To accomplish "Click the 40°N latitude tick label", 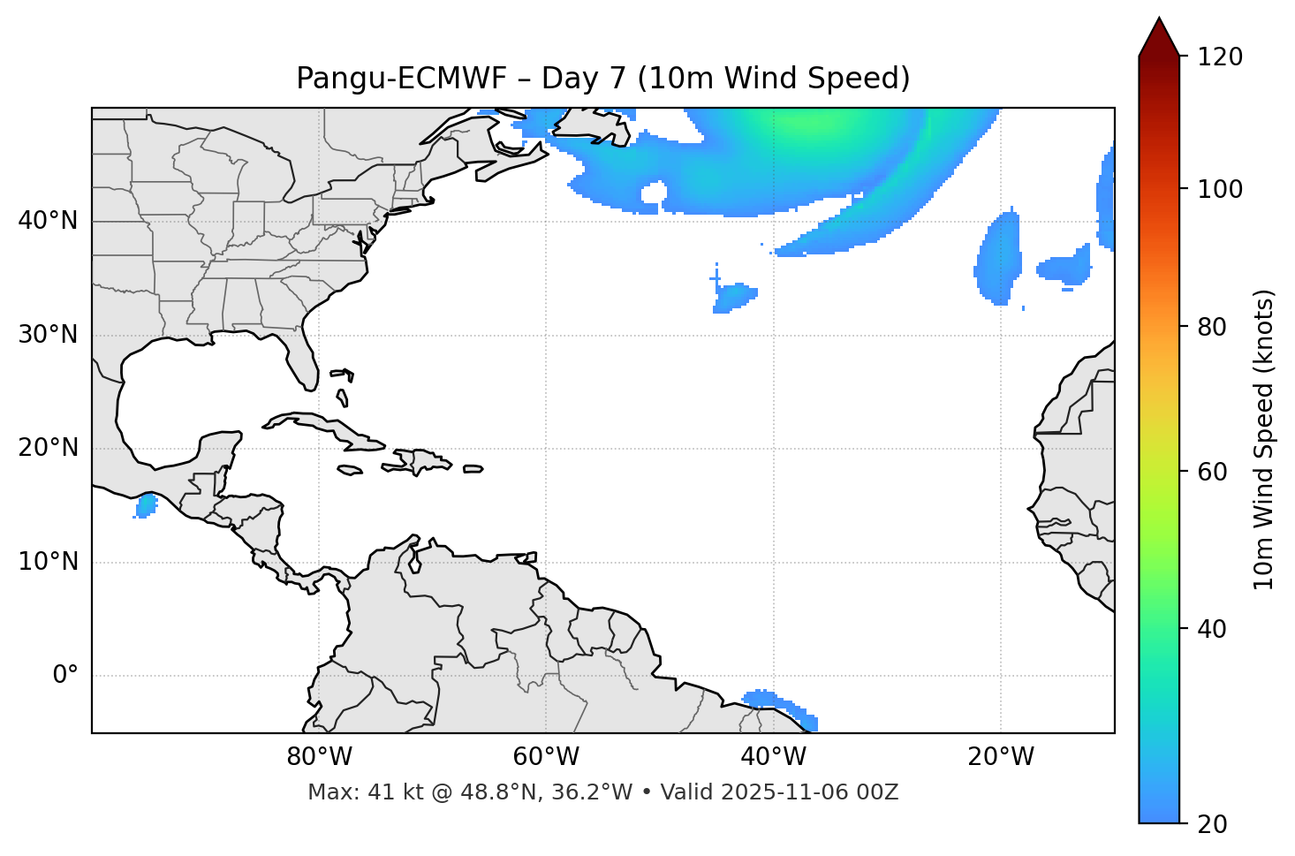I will click(x=48, y=221).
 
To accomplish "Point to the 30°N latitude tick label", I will click(x=48, y=335).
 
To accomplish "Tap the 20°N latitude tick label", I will click(x=48, y=448).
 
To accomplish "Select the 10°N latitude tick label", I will click(x=48, y=562).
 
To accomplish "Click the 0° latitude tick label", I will click(x=65, y=676).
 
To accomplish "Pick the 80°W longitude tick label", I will click(x=319, y=757).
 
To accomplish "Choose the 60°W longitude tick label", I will click(x=546, y=757).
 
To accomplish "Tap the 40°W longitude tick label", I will click(x=773, y=757).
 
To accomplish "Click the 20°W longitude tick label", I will click(x=1000, y=757).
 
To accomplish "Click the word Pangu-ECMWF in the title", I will click(x=401, y=79).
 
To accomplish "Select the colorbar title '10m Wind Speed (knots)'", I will click(x=1264, y=439).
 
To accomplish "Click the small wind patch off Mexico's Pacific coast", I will click(x=146, y=506).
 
